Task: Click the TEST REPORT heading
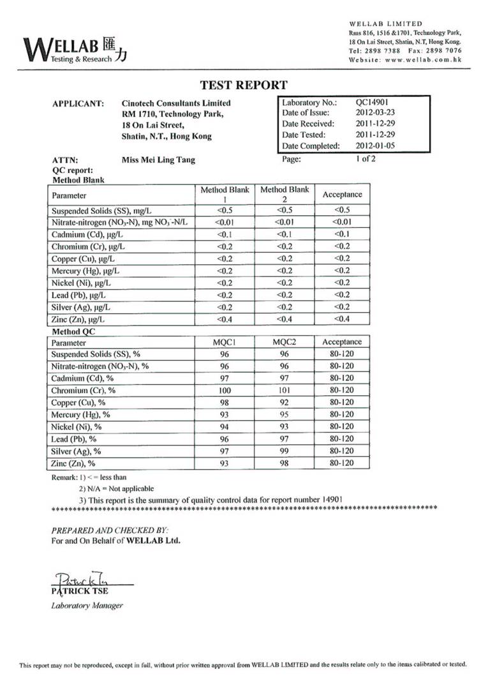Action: coord(244,85)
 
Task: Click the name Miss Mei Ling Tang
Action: coord(158,160)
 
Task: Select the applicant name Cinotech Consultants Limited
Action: coord(176,103)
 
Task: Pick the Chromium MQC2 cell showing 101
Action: coord(285,390)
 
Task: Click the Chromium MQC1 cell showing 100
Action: coord(225,390)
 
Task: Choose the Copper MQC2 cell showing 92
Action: coord(285,402)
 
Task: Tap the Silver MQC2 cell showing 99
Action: coord(285,451)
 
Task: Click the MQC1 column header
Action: coord(225,342)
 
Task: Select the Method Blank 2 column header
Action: coord(285,194)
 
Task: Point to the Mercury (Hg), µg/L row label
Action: coord(86,271)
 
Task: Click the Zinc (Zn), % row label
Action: coord(73,463)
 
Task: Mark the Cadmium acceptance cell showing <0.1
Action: coord(343,234)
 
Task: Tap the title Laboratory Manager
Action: coord(87,606)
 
